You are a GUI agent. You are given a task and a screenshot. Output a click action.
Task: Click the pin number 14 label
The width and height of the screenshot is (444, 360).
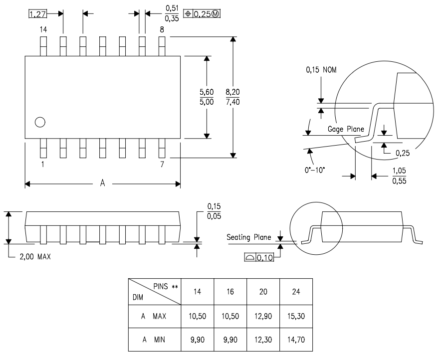click(x=43, y=30)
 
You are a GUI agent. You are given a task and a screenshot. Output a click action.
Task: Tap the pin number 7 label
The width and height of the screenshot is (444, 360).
click(x=162, y=164)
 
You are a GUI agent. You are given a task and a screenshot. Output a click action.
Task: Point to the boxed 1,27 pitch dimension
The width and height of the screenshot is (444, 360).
click(x=36, y=14)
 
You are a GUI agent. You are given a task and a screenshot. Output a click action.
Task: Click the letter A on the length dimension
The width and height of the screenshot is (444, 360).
click(x=102, y=183)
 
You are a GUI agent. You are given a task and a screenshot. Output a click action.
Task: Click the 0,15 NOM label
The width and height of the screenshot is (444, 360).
click(x=321, y=70)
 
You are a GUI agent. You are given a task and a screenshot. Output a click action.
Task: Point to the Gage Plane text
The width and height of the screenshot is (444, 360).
click(x=345, y=129)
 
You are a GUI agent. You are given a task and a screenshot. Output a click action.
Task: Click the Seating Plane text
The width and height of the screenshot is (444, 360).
click(x=249, y=237)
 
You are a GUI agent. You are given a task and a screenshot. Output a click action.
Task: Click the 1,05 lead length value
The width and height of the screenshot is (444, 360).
click(x=399, y=171)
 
